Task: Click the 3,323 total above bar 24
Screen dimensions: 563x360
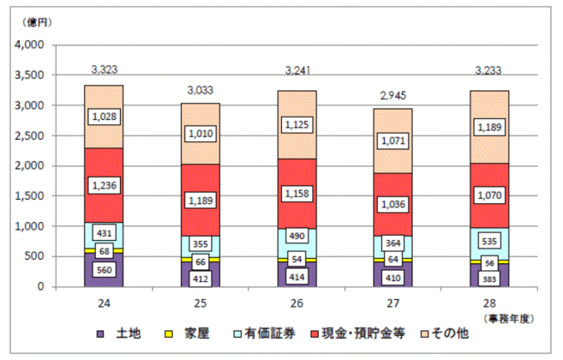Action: tap(105, 69)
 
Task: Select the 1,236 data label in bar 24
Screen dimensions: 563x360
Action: tap(105, 185)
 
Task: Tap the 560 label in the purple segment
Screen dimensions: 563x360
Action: tap(105, 270)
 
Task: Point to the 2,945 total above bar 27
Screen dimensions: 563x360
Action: tap(393, 95)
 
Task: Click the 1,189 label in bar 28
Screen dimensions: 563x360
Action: tap(489, 127)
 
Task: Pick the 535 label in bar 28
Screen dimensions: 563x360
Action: tap(489, 241)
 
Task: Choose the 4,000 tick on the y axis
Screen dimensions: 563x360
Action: tap(29, 45)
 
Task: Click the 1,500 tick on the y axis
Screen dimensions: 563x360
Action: tap(29, 195)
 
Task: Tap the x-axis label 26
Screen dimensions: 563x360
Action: tap(296, 303)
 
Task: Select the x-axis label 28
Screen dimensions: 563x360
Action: tap(489, 303)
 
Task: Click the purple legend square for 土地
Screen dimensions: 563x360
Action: tap(100, 333)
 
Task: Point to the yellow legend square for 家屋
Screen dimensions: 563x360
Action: tap(168, 333)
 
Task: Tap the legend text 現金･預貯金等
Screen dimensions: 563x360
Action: tap(363, 333)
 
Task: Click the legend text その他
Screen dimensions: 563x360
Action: tap(450, 333)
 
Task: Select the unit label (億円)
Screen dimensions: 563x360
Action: tap(37, 22)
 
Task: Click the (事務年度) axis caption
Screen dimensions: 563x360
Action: tap(509, 319)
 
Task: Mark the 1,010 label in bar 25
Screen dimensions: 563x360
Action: tap(201, 134)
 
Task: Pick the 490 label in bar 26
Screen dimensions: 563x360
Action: tap(296, 236)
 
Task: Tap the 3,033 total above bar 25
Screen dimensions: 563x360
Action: tap(201, 90)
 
